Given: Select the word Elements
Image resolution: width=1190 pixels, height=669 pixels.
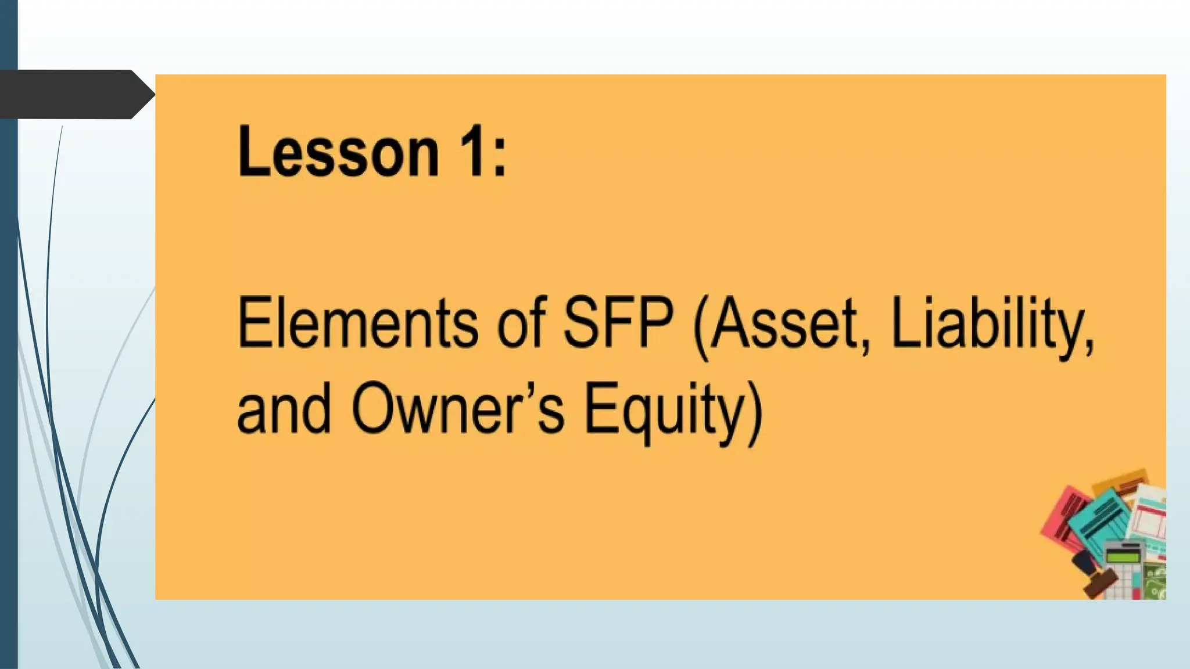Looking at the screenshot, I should [x=357, y=322].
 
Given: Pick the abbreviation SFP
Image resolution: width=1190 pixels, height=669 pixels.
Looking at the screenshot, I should [x=619, y=322].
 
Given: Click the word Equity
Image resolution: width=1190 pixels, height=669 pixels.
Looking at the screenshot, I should [x=663, y=409].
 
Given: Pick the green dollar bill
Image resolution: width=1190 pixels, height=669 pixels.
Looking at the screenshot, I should [x=1155, y=581].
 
